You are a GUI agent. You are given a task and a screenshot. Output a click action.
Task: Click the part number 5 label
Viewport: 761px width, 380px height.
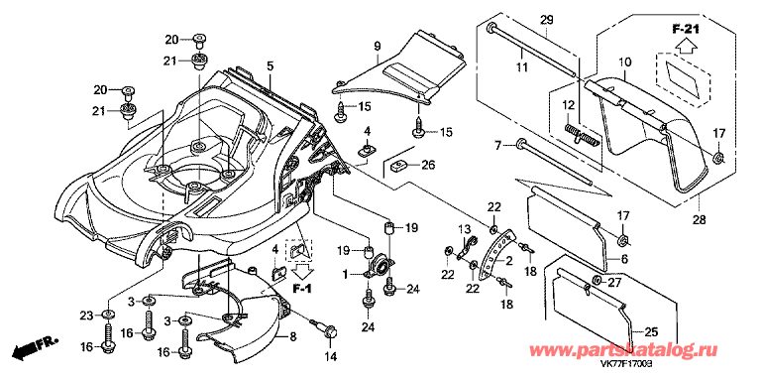[x=270, y=64]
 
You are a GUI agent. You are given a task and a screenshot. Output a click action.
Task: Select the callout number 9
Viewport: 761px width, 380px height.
[x=378, y=47]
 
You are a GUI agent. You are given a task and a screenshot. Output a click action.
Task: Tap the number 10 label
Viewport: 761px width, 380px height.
[x=625, y=63]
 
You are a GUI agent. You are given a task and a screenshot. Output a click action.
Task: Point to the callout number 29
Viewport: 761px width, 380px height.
[x=547, y=21]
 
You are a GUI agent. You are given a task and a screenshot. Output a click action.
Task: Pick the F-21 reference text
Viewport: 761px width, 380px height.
[x=686, y=30]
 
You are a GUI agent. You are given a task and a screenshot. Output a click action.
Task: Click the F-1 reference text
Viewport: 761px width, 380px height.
[x=301, y=289]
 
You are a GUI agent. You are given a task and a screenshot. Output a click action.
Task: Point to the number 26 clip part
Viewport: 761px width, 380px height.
[x=399, y=167]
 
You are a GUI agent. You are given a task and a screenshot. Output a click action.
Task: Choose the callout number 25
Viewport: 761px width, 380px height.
[x=652, y=332]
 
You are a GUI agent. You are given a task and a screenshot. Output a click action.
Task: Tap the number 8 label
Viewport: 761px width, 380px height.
[x=293, y=336]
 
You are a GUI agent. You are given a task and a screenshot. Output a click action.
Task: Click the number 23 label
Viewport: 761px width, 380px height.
[x=86, y=317]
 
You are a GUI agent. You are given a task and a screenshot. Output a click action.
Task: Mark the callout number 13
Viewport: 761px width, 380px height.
[x=465, y=229]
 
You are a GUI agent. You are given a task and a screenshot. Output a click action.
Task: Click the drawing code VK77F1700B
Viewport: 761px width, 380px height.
[x=625, y=362]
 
